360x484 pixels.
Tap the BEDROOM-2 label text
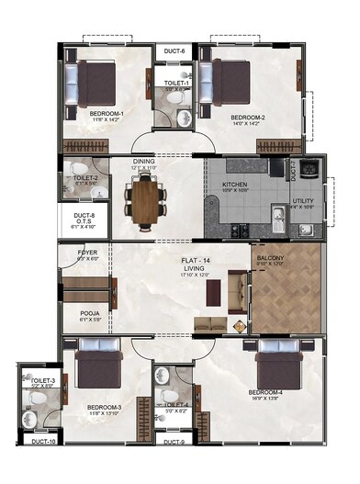pyautogui.click(x=248, y=118)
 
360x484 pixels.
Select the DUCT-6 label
pyautogui.click(x=175, y=51)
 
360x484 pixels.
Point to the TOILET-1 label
pyautogui.click(x=176, y=84)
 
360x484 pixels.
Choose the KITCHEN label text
pyautogui.click(x=235, y=185)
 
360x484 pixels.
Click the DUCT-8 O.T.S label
pyautogui.click(x=84, y=221)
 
